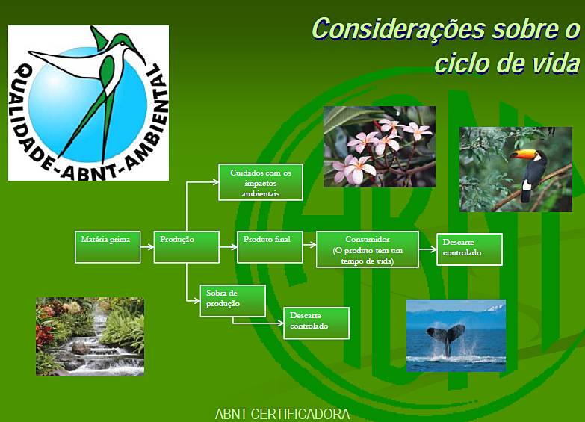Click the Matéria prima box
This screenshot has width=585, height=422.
pos(108,246)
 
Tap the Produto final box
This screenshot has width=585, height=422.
pos(270,246)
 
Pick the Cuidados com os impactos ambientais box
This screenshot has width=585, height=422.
pos(261,182)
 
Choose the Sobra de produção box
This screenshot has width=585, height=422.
pos(232,300)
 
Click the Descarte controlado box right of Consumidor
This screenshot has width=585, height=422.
pos(469,249)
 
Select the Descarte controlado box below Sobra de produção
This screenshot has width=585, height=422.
pos(316,323)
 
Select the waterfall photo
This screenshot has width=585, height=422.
pos(90,336)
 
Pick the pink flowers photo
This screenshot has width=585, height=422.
pos(379,146)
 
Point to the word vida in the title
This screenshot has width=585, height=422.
pos(552,63)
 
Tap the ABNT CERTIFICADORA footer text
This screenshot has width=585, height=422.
pos(282,414)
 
